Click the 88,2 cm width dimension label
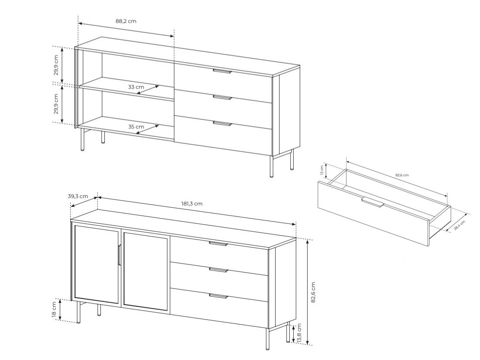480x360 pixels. pyautogui.click(x=126, y=21)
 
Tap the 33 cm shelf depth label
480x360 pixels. pyautogui.click(x=136, y=87)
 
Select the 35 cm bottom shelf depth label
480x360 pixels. pyautogui.click(x=136, y=127)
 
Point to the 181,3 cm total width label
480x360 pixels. pyautogui.click(x=192, y=204)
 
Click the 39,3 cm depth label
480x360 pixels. pyautogui.click(x=78, y=196)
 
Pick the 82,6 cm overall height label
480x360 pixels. pyautogui.click(x=313, y=292)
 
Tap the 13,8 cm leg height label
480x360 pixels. pyautogui.click(x=299, y=333)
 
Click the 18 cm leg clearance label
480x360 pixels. pyautogui.click(x=54, y=310)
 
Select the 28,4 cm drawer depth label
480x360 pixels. pyautogui.click(x=459, y=225)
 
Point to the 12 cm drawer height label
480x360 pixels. pyautogui.click(x=322, y=170)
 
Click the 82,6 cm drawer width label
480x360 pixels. pyautogui.click(x=402, y=175)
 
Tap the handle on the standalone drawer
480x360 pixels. pyautogui.click(x=373, y=202)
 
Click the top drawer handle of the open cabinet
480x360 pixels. pyautogui.click(x=222, y=71)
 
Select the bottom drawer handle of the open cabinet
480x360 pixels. pyautogui.click(x=222, y=123)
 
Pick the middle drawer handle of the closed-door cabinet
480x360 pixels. pyautogui.click(x=219, y=270)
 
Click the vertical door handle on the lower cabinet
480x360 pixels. pyautogui.click(x=120, y=255)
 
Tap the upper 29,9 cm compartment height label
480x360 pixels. pyautogui.click(x=56, y=65)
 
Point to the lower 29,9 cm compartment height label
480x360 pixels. pyautogui.click(x=56, y=104)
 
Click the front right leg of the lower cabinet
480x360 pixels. pyautogui.click(x=267, y=339)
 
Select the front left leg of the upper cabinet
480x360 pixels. pyautogui.click(x=82, y=140)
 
